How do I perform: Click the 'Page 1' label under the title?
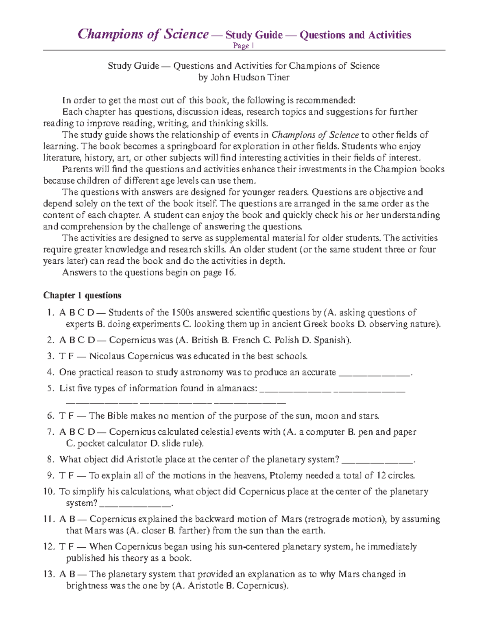[244, 46]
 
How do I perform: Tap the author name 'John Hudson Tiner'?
[249, 77]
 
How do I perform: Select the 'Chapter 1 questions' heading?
[82, 295]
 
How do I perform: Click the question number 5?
[50, 388]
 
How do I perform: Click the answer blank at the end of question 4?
[375, 373]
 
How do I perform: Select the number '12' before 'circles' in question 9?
[381, 475]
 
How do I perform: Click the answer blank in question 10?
[135, 504]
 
